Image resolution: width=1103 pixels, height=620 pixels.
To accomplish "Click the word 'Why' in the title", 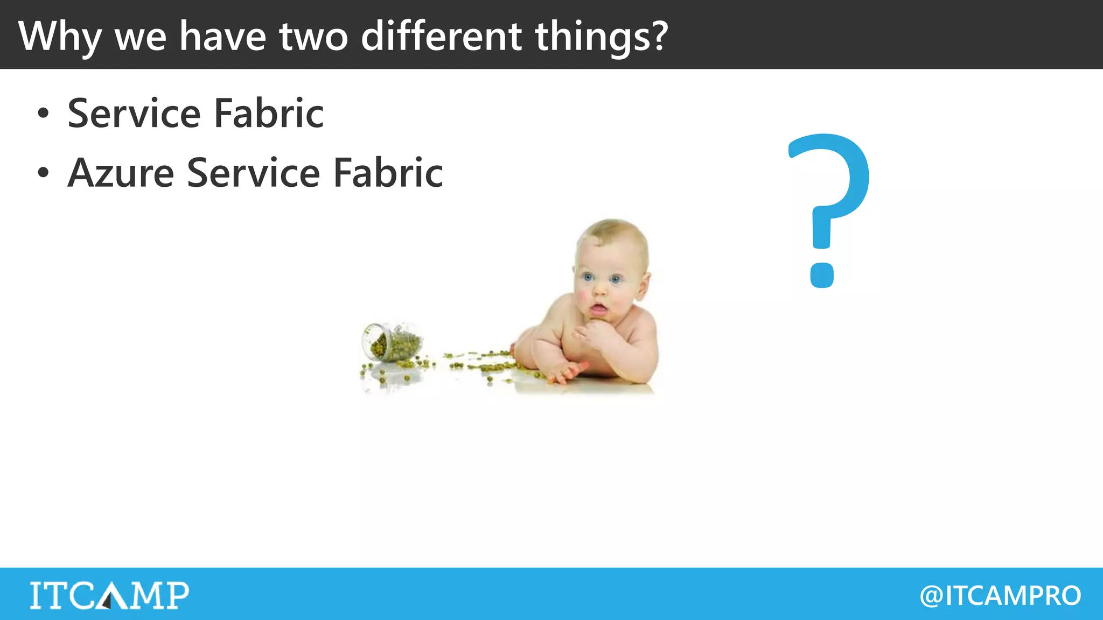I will point(60,37).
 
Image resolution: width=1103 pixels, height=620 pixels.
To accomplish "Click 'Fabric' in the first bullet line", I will point(269,114).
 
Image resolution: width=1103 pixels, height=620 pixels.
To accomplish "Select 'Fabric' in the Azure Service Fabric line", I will point(388,173).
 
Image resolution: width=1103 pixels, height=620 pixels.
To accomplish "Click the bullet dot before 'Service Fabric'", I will point(43,114).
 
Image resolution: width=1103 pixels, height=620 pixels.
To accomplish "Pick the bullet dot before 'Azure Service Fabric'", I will point(43,173).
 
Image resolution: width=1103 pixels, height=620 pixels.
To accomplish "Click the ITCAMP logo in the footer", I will point(109,595).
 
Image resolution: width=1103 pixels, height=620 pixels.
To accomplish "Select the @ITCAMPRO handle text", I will point(1000,595).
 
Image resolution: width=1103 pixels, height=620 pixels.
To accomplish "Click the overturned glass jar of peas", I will point(392,342).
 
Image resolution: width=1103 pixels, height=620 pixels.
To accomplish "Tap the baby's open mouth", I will point(598,309).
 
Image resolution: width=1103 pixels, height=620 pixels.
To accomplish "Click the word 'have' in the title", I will point(222,37).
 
